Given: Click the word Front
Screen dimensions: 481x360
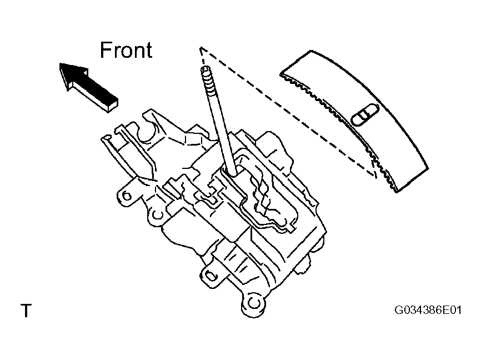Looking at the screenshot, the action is (x=126, y=50).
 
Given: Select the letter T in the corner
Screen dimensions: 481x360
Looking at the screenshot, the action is (x=26, y=311).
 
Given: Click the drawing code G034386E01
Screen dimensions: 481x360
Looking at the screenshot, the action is (x=428, y=310).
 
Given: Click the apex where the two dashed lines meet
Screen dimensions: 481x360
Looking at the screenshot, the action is (x=201, y=48).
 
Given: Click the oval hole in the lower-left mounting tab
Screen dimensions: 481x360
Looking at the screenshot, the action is (x=211, y=274).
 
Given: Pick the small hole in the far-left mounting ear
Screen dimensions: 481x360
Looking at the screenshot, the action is (x=126, y=195).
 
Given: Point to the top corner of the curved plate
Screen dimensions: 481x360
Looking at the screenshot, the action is (x=311, y=51).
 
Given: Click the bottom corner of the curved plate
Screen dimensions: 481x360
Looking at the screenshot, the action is (x=397, y=192).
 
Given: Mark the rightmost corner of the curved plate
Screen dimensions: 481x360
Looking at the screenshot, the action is (x=429, y=168).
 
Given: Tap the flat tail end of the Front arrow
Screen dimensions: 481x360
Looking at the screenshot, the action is (x=113, y=104).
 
